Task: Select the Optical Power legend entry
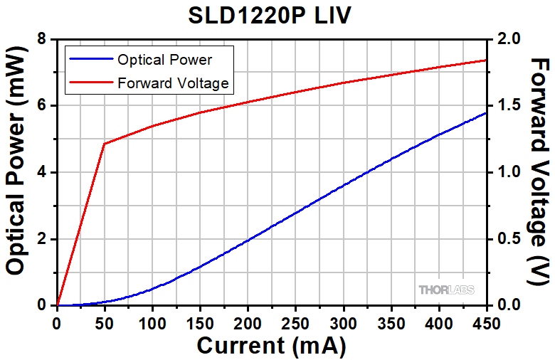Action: [x=164, y=60]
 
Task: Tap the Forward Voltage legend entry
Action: [x=173, y=83]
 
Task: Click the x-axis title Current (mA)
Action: [x=271, y=346]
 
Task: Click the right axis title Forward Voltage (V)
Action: [x=539, y=171]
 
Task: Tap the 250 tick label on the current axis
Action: [x=295, y=320]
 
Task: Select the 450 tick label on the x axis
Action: [x=486, y=320]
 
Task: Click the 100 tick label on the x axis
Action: [x=152, y=320]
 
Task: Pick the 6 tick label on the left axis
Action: [x=44, y=105]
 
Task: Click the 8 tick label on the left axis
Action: [x=44, y=39]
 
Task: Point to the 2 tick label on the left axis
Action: [x=44, y=238]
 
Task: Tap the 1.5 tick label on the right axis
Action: [x=506, y=105]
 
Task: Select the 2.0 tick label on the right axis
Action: [x=506, y=39]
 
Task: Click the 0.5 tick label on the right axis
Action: [x=506, y=238]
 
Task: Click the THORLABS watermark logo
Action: [x=446, y=290]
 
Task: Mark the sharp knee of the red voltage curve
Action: [x=105, y=144]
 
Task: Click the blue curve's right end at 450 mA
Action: [x=486, y=112]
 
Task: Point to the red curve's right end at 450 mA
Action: [x=486, y=60]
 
